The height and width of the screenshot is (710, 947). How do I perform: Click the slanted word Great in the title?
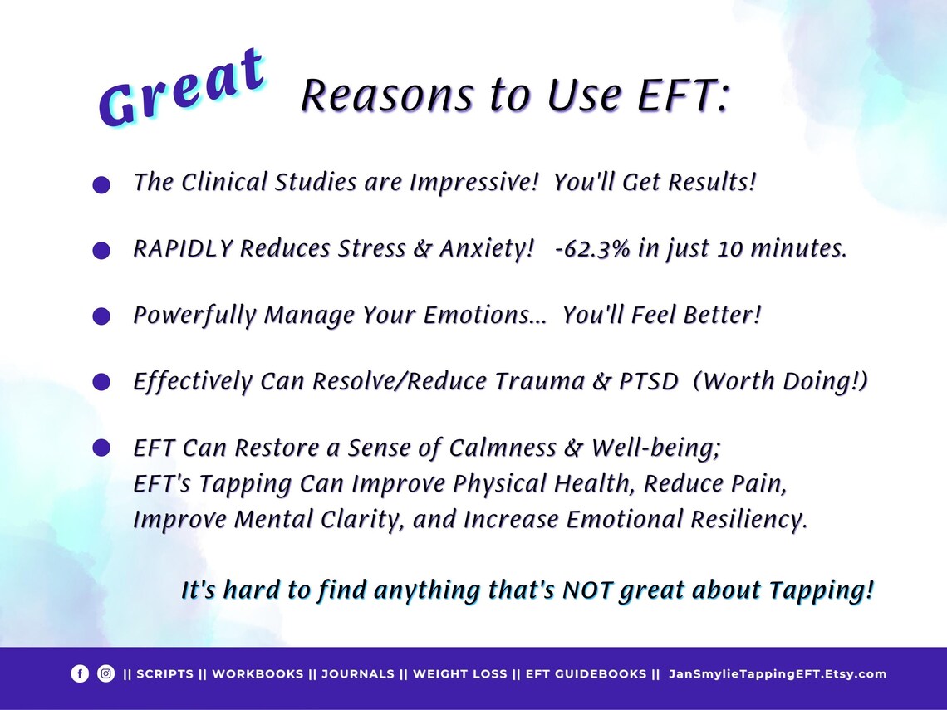tap(183, 90)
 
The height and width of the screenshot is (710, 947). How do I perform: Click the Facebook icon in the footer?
tap(80, 674)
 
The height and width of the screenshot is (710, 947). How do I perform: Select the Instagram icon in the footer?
tap(105, 674)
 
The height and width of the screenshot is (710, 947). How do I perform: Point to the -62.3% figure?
tap(593, 250)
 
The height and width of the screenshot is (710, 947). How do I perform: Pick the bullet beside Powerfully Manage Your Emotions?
tap(101, 316)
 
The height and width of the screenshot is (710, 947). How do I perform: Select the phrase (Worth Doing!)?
tap(780, 382)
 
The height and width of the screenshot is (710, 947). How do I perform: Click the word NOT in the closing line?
tap(591, 591)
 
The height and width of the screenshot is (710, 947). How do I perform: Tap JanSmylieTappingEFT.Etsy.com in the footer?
tap(778, 674)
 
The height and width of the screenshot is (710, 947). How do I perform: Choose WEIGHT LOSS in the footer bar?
tap(459, 674)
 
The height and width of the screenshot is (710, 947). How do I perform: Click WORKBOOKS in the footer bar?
tap(258, 674)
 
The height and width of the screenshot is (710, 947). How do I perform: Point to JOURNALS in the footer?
tap(358, 674)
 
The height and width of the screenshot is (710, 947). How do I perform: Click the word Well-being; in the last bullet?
tap(655, 448)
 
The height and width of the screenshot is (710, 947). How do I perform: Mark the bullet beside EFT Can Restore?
tap(101, 448)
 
